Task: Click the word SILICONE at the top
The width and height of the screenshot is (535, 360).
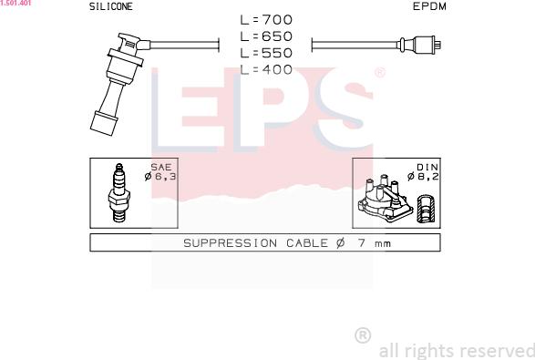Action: point(110,6)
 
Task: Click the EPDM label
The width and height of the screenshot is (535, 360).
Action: point(429,6)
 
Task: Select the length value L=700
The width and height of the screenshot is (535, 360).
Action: point(266,19)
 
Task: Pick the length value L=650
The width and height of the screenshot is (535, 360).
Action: point(266,36)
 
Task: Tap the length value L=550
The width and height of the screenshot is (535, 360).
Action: point(266,52)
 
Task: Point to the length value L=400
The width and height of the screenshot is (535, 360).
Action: point(266,68)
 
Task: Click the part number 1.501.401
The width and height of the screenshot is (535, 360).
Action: point(15,4)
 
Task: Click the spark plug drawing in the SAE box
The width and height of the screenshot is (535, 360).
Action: point(117,193)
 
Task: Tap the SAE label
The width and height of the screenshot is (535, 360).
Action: point(160,167)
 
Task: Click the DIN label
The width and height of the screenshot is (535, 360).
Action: point(427,167)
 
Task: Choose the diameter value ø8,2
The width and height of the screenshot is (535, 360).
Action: point(424,176)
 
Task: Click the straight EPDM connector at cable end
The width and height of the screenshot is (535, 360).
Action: point(420,44)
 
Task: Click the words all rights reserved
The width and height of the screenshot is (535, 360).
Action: point(456,350)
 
